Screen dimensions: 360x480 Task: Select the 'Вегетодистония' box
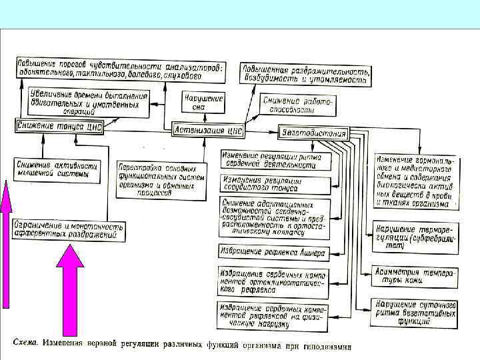tap(313, 133)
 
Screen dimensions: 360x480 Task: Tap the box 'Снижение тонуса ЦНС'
tap(59, 127)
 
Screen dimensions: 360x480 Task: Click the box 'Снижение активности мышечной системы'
tap(58, 170)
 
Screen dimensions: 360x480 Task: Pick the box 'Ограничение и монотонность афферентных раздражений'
tap(69, 231)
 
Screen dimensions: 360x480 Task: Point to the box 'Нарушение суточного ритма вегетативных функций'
tap(415, 311)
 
